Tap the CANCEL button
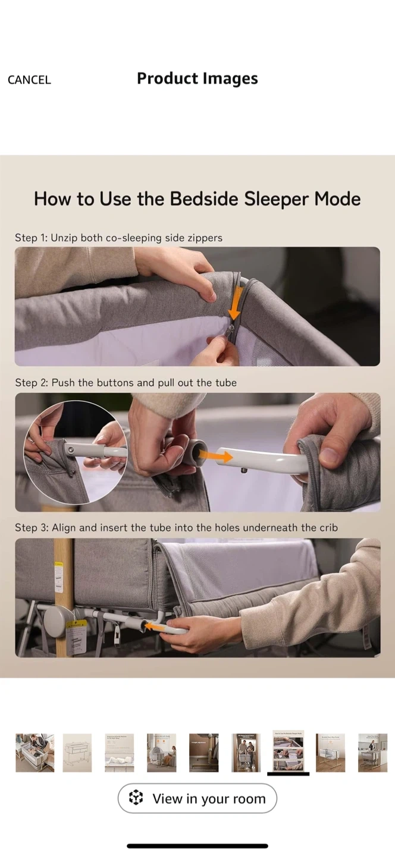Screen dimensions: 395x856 [29, 80]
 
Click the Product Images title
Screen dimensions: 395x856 [197, 78]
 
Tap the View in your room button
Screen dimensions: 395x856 [197, 798]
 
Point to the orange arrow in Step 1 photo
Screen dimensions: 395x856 [234, 300]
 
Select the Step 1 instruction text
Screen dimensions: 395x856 [118, 238]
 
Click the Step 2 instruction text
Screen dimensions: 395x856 [126, 383]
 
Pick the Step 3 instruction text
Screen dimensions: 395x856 [176, 528]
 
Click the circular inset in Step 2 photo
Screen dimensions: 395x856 [76, 452]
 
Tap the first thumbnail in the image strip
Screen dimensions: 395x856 [35, 753]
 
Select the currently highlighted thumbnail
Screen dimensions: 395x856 [288, 751]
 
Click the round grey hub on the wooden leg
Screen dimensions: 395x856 [57, 622]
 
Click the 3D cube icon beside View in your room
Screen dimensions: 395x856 [136, 798]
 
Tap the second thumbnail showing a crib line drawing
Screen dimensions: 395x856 [77, 753]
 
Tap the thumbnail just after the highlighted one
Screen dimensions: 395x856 [330, 753]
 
